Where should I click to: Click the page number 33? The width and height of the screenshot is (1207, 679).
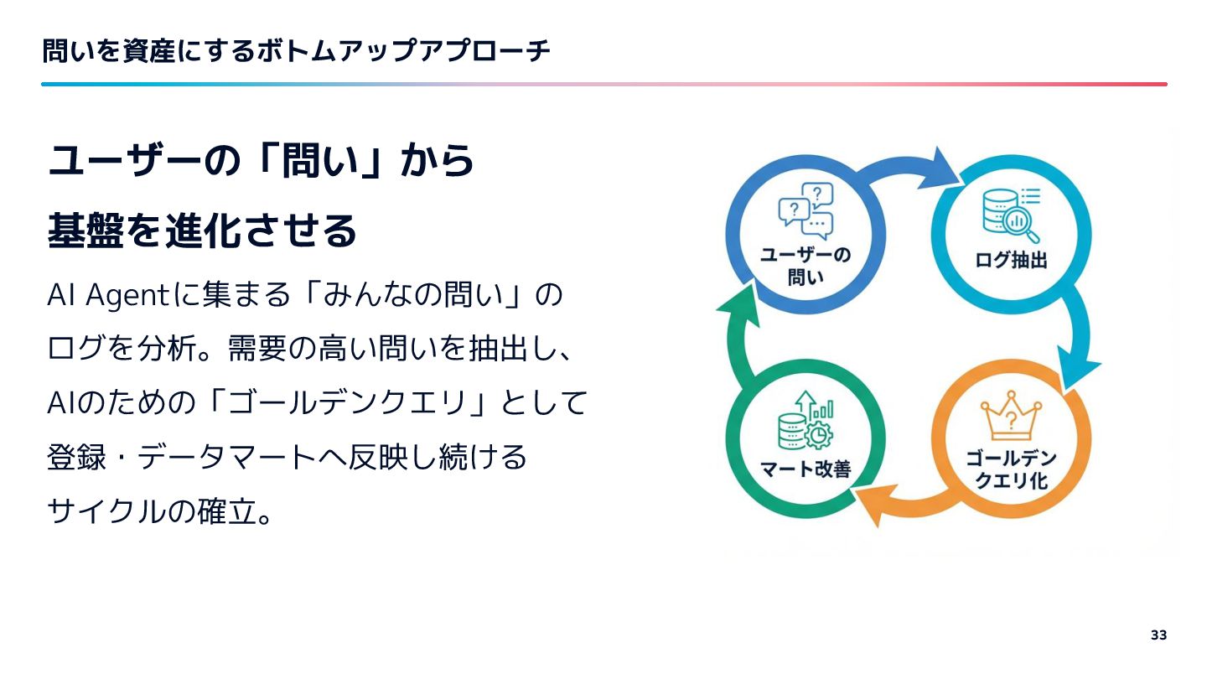click(x=1158, y=635)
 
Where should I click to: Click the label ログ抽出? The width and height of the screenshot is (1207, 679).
click(x=1011, y=261)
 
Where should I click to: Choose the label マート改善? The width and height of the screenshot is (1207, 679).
click(x=806, y=469)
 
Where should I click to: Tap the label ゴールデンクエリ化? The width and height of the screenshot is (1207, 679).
click(x=1010, y=469)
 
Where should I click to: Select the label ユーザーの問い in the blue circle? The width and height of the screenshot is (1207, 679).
click(x=806, y=266)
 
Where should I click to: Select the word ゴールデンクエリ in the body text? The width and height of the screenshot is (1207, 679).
click(x=347, y=404)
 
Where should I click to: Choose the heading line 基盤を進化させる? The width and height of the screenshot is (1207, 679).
click(x=202, y=231)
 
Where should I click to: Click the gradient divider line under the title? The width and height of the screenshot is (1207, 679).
click(x=603, y=84)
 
